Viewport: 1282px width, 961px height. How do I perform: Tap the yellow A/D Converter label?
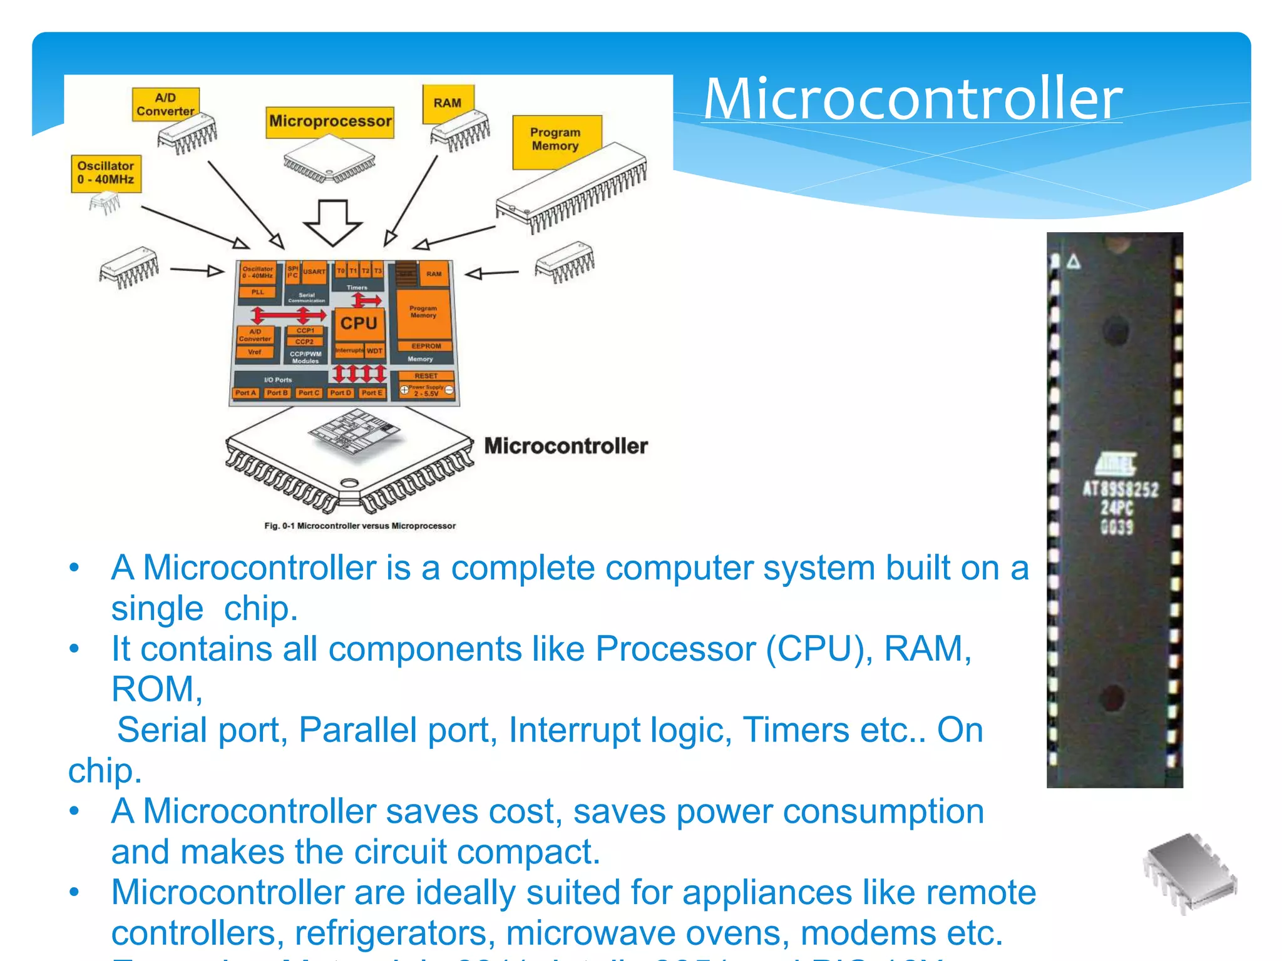(x=165, y=104)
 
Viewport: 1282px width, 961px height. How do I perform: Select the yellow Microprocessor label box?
(x=330, y=121)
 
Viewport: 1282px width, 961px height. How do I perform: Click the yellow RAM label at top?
(x=448, y=103)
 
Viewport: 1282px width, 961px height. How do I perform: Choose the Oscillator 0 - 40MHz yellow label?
(x=106, y=173)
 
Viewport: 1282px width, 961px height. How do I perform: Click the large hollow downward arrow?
(x=332, y=223)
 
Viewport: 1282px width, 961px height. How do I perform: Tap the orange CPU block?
(x=359, y=323)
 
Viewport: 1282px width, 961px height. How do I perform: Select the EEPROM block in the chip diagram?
(x=426, y=346)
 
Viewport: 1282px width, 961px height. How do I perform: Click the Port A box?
(x=245, y=393)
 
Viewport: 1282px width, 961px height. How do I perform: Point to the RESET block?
(x=426, y=376)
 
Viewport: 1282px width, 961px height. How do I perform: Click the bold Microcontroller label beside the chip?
(x=566, y=446)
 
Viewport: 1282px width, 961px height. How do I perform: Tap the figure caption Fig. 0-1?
(x=360, y=526)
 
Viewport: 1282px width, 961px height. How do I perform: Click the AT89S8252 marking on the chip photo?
(x=1120, y=489)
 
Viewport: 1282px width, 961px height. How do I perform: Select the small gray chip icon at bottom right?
(x=1189, y=873)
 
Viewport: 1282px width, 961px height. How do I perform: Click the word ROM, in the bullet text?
(x=156, y=689)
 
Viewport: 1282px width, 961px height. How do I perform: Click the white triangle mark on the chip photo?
(x=1074, y=262)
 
